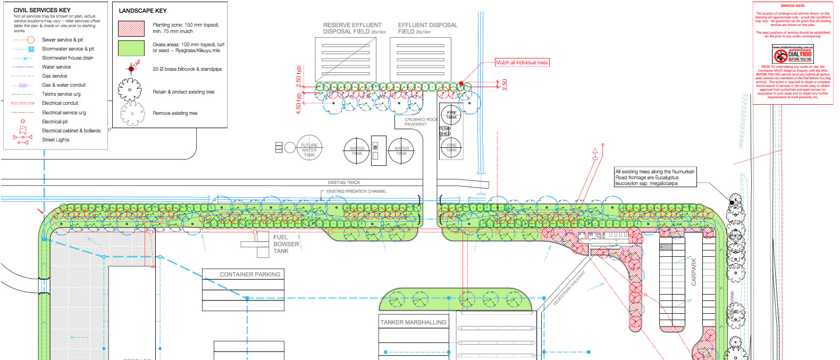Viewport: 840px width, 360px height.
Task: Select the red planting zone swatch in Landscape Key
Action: click(x=131, y=28)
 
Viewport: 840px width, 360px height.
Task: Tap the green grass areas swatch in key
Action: click(x=131, y=48)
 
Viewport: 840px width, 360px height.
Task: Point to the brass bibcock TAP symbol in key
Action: click(x=131, y=69)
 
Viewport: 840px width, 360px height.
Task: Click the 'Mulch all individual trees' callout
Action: click(x=522, y=63)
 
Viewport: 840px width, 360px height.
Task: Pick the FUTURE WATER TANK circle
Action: click(x=309, y=148)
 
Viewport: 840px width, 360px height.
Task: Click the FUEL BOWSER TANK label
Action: click(x=285, y=244)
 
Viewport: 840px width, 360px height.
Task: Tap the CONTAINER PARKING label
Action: click(x=250, y=274)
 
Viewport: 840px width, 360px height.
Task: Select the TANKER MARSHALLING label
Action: click(x=413, y=322)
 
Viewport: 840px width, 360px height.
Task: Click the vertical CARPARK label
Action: click(x=693, y=272)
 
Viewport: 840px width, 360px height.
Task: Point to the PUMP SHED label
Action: click(x=445, y=131)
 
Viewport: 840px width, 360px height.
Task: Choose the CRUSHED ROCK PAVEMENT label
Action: click(x=421, y=122)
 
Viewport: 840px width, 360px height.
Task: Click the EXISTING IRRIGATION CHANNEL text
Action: click(x=356, y=191)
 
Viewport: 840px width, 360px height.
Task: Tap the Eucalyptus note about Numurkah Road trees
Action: click(x=654, y=178)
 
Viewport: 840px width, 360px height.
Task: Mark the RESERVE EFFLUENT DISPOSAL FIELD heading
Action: click(x=352, y=28)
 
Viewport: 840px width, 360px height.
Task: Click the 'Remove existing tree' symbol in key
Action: click(x=132, y=113)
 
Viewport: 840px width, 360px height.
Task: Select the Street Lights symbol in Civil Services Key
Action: click(x=22, y=140)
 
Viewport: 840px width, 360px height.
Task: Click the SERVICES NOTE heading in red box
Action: click(x=792, y=6)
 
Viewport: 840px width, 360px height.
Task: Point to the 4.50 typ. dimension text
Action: click(x=298, y=103)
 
